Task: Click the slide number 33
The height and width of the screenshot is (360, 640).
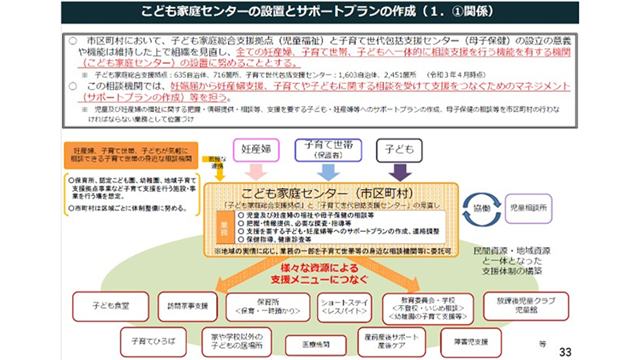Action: (566, 350)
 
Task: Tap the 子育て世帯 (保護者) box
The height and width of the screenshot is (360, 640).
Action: (329, 150)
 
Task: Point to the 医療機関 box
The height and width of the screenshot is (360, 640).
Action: (302, 341)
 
